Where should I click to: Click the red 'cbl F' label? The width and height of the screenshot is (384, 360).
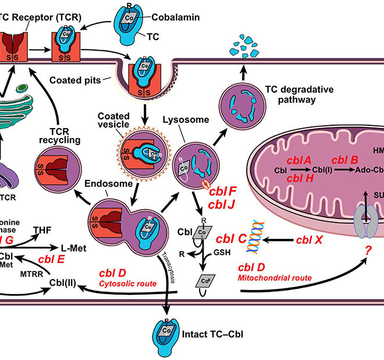(223, 190)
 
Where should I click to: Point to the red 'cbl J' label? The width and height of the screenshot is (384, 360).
(223, 203)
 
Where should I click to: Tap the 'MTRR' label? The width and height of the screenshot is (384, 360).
(30, 273)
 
